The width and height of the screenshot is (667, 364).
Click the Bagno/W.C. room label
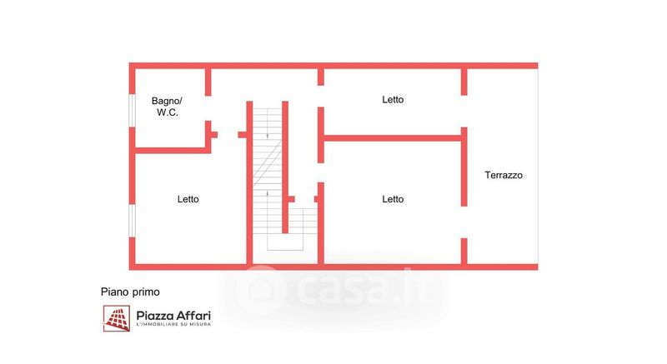click(x=167, y=107)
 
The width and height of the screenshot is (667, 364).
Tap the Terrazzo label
click(x=504, y=176)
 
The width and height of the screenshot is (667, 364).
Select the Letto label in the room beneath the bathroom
click(x=188, y=199)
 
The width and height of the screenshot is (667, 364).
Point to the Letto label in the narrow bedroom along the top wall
click(x=393, y=99)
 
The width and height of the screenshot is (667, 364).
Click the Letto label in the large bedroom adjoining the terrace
click(x=393, y=199)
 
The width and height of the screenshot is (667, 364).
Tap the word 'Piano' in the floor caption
click(x=115, y=292)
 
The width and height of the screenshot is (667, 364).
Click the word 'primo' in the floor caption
click(x=146, y=292)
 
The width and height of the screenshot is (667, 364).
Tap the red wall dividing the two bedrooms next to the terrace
click(x=392, y=137)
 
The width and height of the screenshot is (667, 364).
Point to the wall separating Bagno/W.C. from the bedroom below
click(x=171, y=150)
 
